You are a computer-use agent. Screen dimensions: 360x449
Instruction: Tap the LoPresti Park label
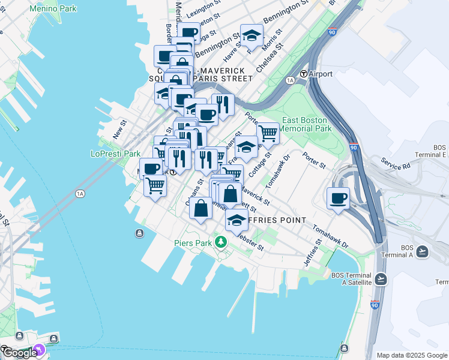pos(115,154)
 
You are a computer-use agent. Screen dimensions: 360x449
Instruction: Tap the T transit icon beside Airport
pos(304,74)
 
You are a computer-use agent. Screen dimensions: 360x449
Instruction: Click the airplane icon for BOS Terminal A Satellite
pos(381,279)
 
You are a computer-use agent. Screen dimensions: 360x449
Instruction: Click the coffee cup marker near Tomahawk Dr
pos(338,198)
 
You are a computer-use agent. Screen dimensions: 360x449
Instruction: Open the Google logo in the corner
pos(19,353)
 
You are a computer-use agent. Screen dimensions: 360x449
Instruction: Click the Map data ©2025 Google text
pos(412,355)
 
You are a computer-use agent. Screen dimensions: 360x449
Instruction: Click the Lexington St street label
pos(200,11)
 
